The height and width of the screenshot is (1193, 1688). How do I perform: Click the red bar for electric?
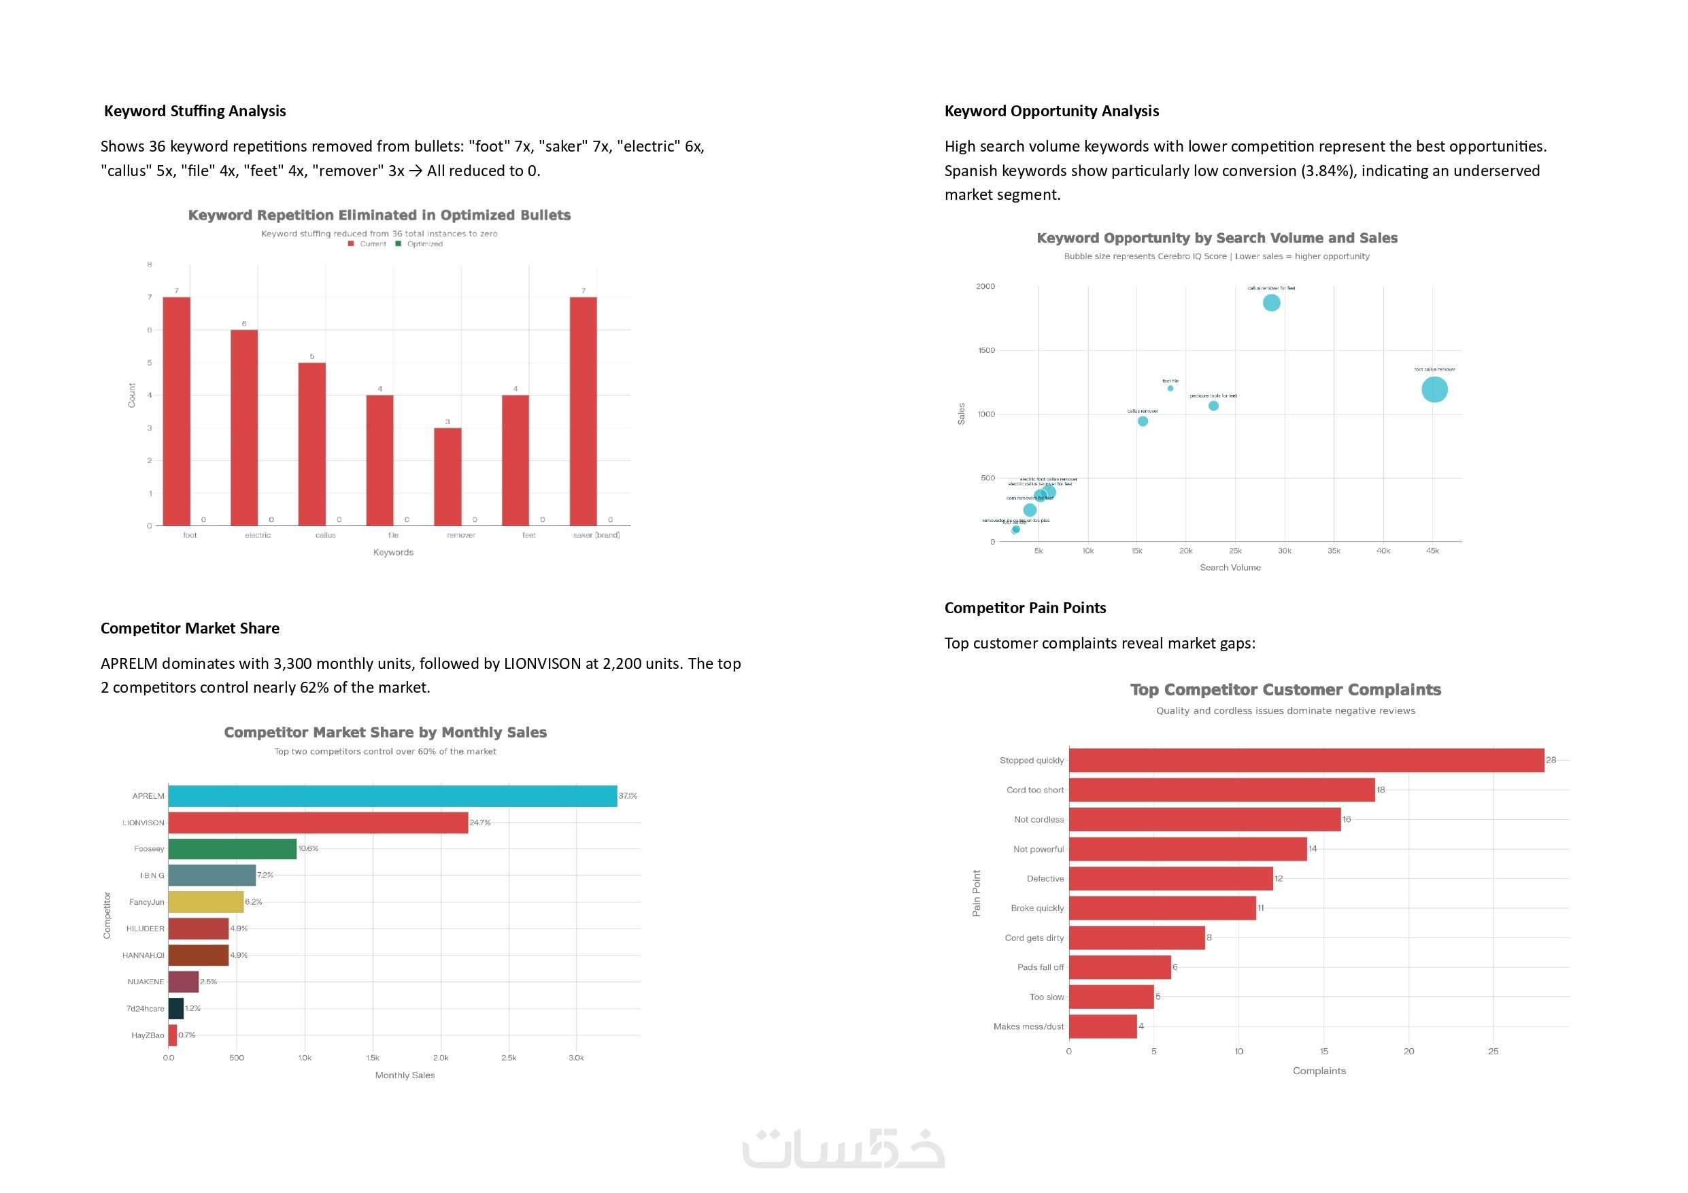point(244,427)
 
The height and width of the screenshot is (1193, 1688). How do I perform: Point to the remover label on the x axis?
point(461,535)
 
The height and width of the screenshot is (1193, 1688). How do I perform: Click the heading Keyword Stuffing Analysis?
point(195,111)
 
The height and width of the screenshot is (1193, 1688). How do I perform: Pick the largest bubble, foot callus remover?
point(1434,390)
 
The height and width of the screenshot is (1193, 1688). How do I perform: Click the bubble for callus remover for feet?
point(1271,303)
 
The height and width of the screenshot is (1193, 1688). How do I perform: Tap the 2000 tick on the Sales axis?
point(985,287)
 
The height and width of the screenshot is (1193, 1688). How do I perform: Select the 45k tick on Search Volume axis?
point(1432,551)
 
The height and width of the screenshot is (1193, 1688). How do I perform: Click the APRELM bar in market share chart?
point(392,796)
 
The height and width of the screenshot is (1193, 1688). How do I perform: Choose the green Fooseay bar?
point(233,849)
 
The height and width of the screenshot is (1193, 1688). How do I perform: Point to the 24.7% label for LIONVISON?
point(480,823)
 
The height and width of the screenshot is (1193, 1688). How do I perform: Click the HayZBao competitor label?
point(148,1035)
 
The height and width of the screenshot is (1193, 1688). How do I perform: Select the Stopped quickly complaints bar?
point(1306,760)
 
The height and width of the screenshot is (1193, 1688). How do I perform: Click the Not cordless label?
point(1038,820)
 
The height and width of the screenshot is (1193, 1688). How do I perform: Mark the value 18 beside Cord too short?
point(1381,789)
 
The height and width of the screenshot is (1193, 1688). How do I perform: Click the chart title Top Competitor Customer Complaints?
point(1285,689)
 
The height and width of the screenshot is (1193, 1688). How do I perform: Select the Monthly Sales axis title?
point(405,1075)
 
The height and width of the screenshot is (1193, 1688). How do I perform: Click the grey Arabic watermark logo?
point(843,1148)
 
